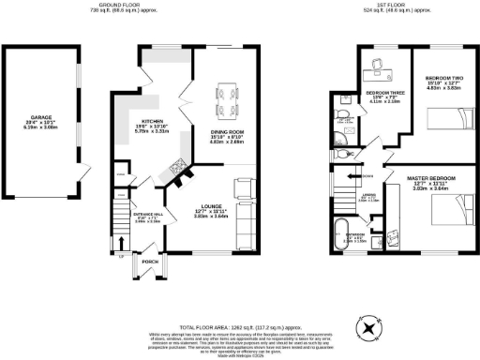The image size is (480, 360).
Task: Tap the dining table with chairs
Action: [226, 94]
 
